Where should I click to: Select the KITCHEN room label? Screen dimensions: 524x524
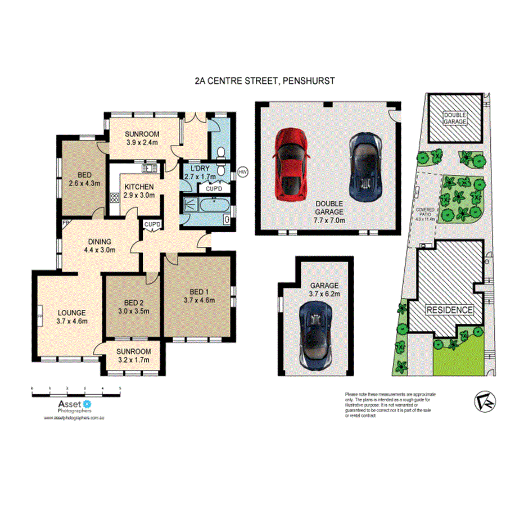139,187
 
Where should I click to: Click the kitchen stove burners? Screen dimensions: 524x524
115,197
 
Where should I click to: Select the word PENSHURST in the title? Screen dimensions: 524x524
309,81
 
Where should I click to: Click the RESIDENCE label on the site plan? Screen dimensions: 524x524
449,310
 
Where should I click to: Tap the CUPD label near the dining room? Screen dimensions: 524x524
152,225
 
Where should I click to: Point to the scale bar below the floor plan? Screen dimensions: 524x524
76,391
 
